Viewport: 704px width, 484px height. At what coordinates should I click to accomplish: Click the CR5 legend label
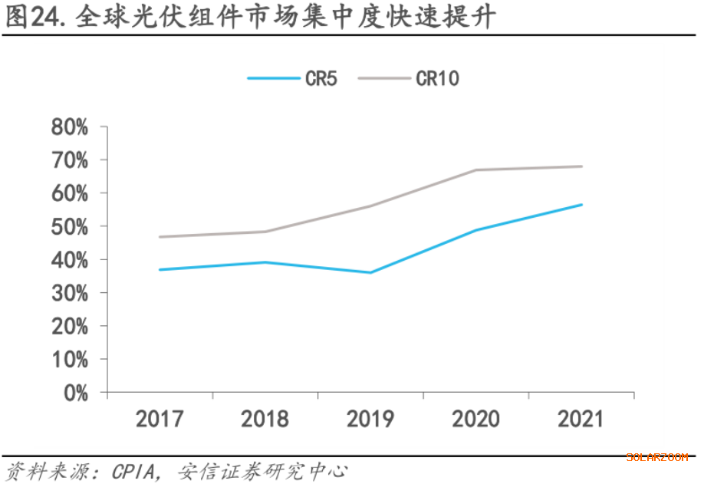tap(321, 78)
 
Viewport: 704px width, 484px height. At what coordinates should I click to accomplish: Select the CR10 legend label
tap(437, 78)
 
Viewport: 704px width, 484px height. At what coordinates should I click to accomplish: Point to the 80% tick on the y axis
tap(70, 127)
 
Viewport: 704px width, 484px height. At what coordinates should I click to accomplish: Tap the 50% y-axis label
tap(70, 226)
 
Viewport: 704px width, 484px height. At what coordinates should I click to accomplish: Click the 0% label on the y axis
tap(75, 393)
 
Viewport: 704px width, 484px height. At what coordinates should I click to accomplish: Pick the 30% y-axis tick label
tap(70, 293)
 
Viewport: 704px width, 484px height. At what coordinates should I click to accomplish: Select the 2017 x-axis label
tap(160, 419)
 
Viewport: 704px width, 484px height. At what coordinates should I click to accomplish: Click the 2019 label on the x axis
tap(370, 419)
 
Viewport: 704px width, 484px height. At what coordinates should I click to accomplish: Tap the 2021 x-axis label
tap(581, 419)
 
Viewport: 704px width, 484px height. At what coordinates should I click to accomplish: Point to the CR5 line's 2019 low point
tap(370, 272)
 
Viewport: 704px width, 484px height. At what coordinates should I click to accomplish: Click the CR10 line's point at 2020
tap(476, 170)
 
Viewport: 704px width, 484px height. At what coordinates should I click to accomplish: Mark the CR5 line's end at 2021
tap(581, 205)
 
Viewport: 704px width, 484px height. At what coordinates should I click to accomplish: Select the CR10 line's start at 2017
tap(160, 237)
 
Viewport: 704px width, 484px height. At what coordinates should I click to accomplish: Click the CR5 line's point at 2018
tap(265, 262)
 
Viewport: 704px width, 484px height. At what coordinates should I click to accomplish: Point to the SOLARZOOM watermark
tap(656, 457)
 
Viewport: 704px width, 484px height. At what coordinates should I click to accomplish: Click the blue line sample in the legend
tap(273, 78)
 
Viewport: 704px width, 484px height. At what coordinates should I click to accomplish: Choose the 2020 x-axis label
tap(476, 419)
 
